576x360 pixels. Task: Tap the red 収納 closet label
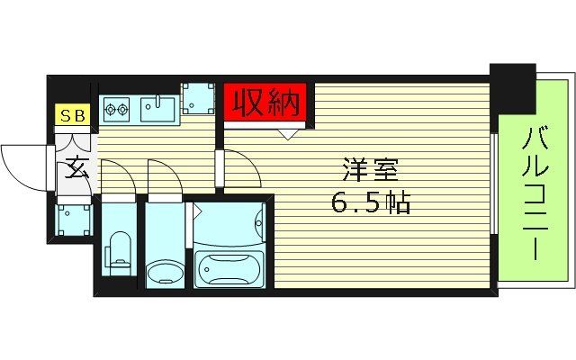point(265,104)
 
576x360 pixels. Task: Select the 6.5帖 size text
point(370,202)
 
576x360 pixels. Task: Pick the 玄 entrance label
point(76,169)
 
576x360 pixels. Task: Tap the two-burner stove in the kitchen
point(116,110)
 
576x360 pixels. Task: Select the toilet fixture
point(118,252)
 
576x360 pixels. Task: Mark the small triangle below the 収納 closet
point(288,135)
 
